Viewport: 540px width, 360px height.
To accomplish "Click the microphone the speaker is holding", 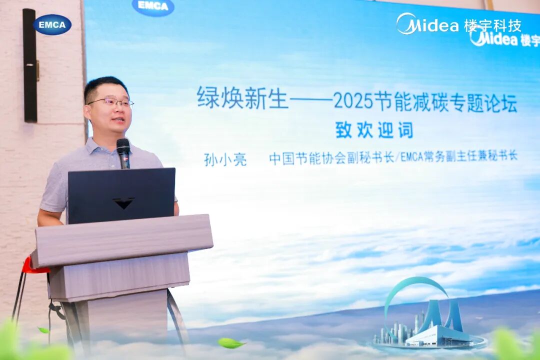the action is pos(123,153).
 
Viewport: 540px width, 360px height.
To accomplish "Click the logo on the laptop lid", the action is pos(123,203).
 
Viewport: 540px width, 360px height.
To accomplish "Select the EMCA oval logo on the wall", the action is pos(52,24).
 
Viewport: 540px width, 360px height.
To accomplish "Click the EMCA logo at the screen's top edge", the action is pos(153,6).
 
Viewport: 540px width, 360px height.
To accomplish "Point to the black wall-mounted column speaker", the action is pos(30,65).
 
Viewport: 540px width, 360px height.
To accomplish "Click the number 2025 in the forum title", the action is pos(353,101).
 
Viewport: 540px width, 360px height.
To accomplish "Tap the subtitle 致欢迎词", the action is pos(374,130).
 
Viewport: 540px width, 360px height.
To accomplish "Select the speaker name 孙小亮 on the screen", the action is pos(225,159).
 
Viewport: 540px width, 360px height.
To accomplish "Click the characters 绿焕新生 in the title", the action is pos(242,98).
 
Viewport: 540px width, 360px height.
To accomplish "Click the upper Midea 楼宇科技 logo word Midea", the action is pos(427,24).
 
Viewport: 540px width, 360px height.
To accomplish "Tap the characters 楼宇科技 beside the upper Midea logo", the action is pos(492,25).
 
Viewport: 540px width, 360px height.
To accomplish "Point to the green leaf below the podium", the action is pos(230,343).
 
